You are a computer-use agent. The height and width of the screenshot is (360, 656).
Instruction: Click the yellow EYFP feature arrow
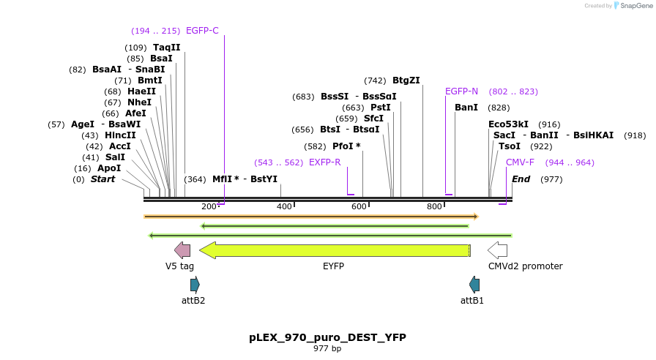point(334,250)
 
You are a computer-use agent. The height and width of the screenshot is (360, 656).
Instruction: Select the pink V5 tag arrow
point(182,250)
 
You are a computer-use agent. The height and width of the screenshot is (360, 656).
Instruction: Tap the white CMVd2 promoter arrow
point(498,250)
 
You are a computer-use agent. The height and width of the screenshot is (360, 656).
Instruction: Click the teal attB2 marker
point(195,285)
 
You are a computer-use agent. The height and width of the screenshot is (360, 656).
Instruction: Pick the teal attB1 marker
point(474,285)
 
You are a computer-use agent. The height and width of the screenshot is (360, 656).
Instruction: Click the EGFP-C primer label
point(202,31)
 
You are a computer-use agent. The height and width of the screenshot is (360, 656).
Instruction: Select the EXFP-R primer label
point(324,162)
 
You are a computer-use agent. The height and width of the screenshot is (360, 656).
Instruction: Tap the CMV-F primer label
point(520,162)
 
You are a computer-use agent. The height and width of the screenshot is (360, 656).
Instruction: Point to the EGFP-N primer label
point(461,91)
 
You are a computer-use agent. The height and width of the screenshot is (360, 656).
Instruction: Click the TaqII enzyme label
point(166,48)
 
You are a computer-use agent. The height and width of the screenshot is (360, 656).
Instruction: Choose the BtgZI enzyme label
point(406,80)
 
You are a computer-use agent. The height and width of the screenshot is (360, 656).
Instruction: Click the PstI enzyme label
point(380,108)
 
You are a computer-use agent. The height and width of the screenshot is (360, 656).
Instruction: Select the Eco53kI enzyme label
point(508,124)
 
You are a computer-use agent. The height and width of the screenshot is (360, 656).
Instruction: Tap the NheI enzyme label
point(139,102)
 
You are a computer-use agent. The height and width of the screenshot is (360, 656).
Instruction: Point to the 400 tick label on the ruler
point(284,206)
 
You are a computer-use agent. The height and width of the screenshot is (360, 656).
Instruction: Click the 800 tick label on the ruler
point(434,206)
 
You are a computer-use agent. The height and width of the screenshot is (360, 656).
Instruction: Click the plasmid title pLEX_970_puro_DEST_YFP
point(327,337)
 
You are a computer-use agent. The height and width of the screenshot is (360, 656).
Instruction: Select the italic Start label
point(102,179)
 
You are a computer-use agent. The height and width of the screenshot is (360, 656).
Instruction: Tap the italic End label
point(521,179)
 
